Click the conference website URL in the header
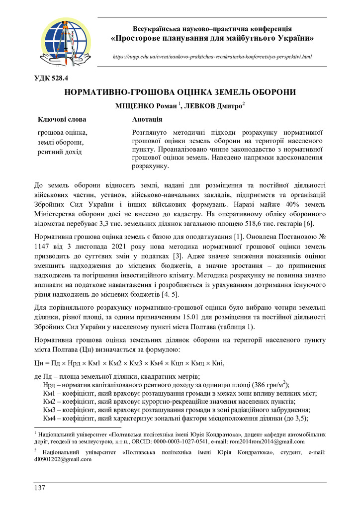[x=212, y=57]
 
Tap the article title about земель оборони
[x=180, y=92]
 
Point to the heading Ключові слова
[x=62, y=119]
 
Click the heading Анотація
[x=147, y=119]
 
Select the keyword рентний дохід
[x=60, y=152]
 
